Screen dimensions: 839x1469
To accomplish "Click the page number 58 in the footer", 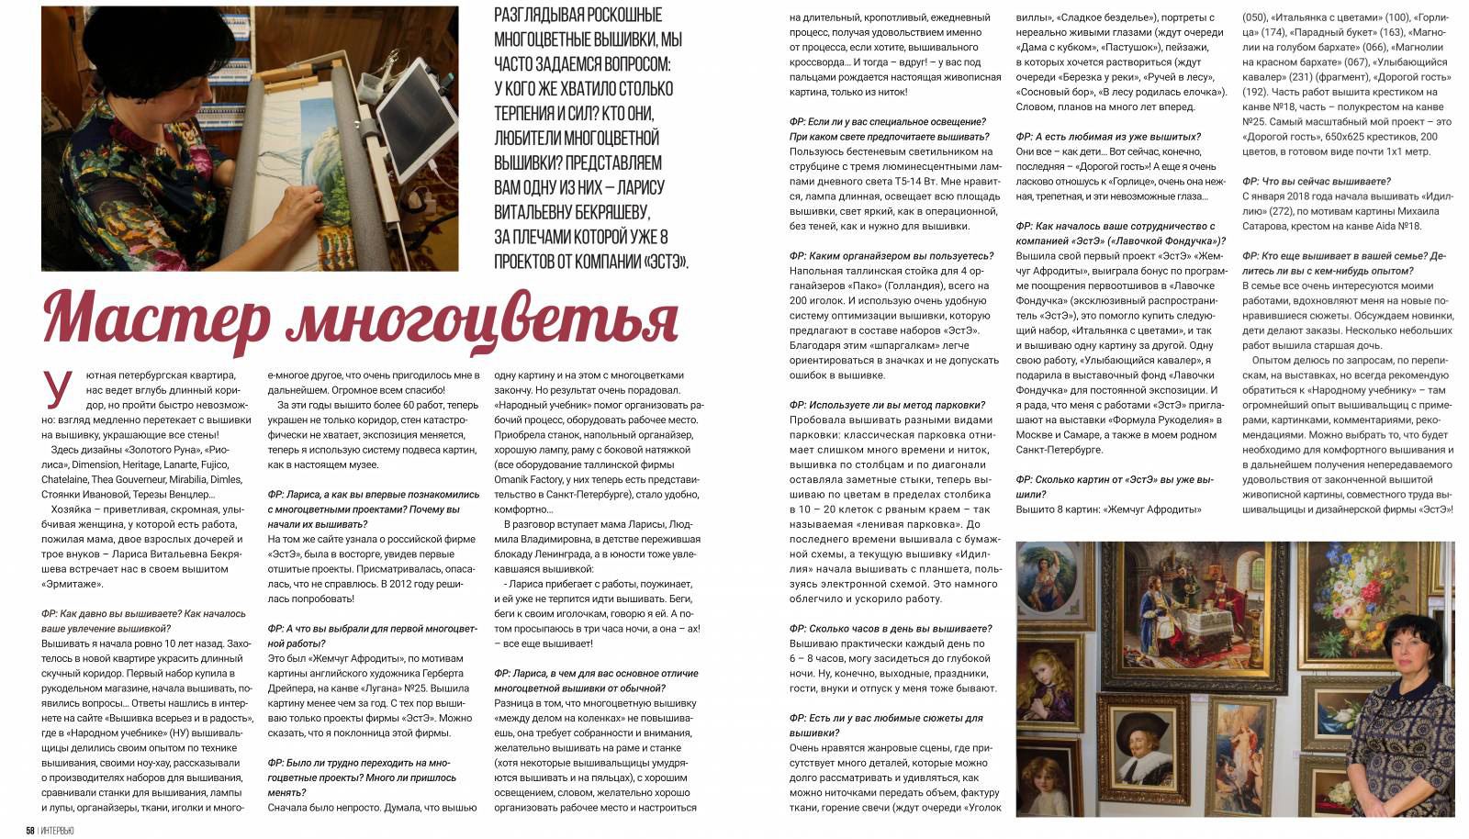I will coord(30,831).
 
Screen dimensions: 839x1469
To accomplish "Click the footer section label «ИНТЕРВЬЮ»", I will coord(57,831).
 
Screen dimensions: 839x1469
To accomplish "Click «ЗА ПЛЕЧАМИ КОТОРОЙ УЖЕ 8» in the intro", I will coord(580,236).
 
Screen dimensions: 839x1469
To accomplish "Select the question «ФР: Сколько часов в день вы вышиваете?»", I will coord(891,629).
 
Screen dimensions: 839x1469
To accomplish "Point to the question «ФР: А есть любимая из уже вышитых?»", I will coord(1108,137).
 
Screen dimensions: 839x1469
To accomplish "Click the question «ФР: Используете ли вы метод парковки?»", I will coord(887,405).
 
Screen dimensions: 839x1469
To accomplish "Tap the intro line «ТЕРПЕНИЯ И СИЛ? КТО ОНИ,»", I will coord(574,114).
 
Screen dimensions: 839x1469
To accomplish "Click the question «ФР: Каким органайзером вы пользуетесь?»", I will coord(891,256).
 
